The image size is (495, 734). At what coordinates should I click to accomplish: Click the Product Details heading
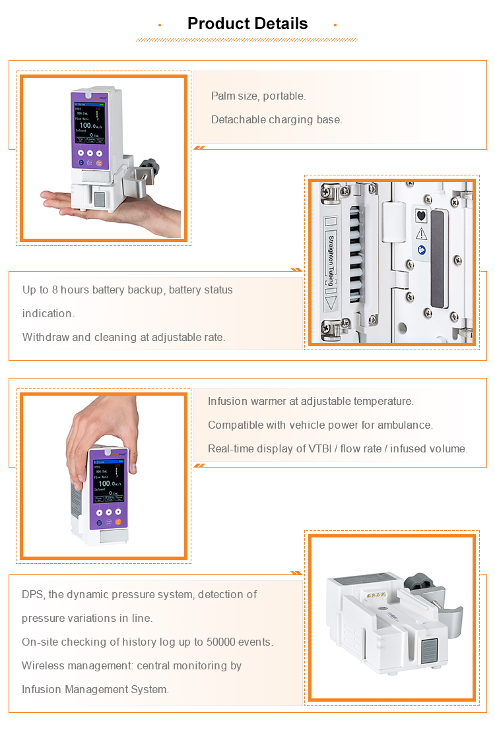247,24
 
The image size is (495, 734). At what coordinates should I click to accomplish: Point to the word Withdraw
46,338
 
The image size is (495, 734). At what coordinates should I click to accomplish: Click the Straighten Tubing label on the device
332,262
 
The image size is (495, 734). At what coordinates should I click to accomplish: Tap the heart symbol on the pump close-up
421,215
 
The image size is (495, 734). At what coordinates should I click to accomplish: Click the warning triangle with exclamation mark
421,233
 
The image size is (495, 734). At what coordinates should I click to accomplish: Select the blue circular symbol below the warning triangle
421,250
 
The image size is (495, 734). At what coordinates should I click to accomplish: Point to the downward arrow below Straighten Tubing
331,304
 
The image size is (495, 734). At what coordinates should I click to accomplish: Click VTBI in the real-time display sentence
320,449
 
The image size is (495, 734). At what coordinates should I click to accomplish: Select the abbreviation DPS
33,595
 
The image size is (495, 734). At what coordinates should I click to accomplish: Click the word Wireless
42,666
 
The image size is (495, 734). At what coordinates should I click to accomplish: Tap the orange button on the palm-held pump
100,162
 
